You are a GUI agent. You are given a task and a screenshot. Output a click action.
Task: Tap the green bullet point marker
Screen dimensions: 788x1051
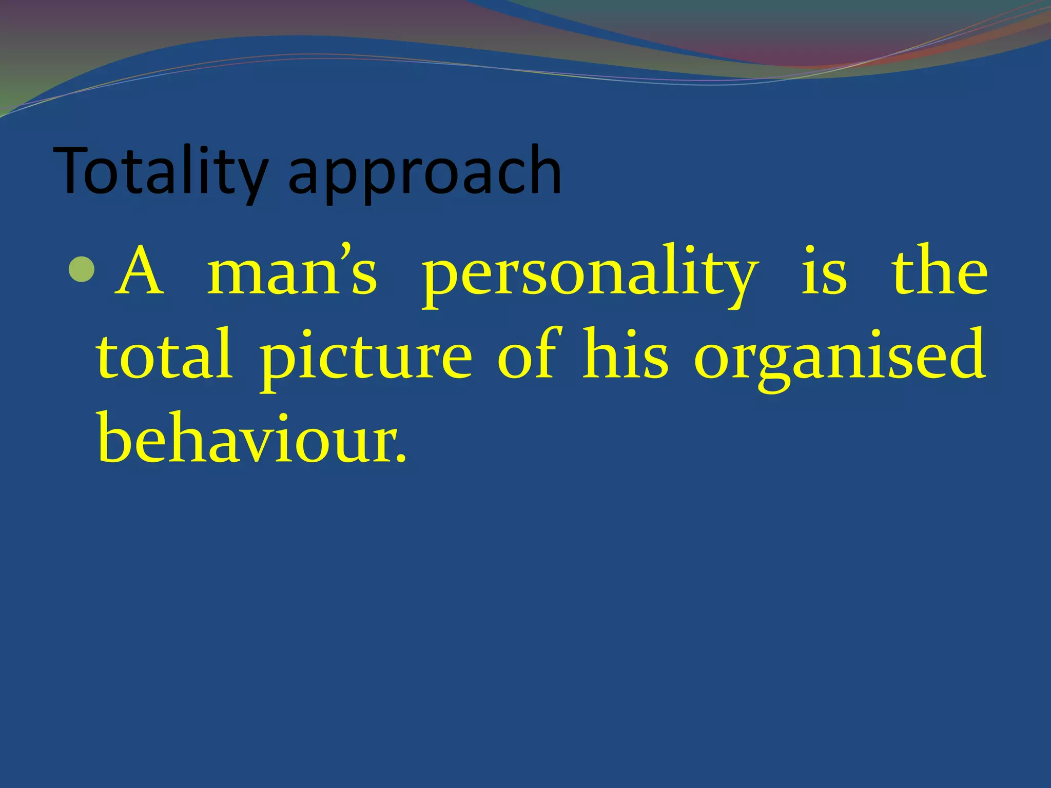pyautogui.click(x=81, y=270)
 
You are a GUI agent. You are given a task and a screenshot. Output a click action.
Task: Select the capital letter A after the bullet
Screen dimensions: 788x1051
pyautogui.click(x=140, y=272)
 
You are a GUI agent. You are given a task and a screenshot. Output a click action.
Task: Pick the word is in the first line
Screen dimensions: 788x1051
pyautogui.click(x=824, y=272)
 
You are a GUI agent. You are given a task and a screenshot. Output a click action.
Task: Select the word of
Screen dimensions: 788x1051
pyautogui.click(x=527, y=354)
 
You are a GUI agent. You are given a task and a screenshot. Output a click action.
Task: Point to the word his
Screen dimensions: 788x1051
pyautogui.click(x=625, y=354)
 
